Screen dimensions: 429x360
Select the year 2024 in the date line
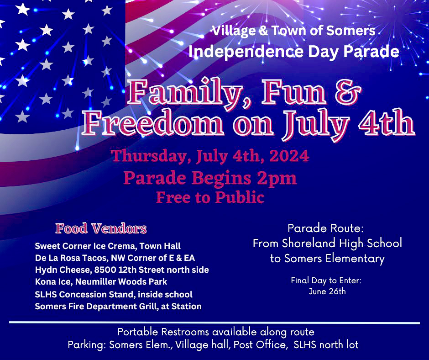(289, 156)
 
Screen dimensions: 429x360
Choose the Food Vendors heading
(101, 228)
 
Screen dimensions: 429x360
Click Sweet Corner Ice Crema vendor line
(108, 246)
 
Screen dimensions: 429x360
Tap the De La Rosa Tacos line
(115, 258)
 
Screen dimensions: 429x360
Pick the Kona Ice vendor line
(101, 281)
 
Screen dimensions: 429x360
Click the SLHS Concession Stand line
(114, 294)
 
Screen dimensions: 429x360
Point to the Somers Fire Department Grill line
(118, 306)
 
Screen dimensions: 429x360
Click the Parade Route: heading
(325, 228)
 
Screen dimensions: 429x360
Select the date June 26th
(327, 291)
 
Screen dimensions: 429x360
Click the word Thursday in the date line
(149, 156)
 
